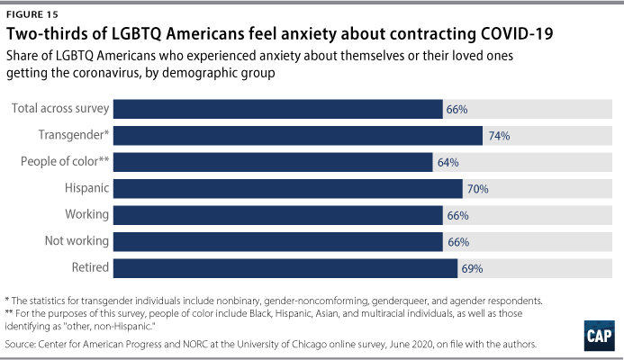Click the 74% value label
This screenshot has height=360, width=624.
(500, 136)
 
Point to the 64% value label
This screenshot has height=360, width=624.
(448, 163)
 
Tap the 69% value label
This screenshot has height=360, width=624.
(473, 268)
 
